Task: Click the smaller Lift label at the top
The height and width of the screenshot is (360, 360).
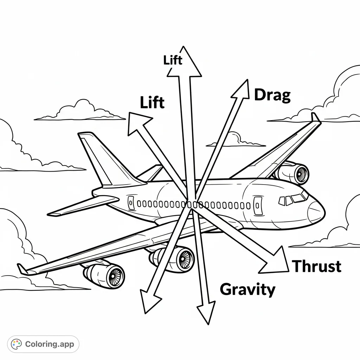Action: tap(173, 60)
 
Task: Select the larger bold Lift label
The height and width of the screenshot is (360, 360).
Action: tap(152, 102)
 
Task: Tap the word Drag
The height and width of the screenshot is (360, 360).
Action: tap(272, 95)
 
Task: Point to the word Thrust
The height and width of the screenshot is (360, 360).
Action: tap(316, 266)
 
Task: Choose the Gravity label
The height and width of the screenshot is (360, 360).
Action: tap(247, 289)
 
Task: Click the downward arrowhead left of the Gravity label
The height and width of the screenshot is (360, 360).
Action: tap(205, 311)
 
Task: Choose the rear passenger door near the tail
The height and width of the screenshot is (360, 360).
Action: tap(131, 203)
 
